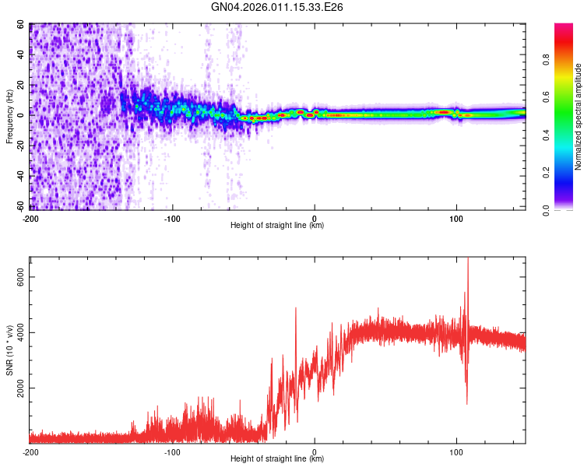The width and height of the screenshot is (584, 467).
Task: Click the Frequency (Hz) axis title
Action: pos(9,117)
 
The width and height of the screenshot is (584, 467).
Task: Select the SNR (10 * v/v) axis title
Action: pos(9,349)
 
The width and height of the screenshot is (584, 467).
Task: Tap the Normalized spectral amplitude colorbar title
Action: pos(578,117)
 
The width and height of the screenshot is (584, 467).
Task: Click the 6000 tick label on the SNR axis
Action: pos(21,278)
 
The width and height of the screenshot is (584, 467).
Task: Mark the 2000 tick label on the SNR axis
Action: pos(21,388)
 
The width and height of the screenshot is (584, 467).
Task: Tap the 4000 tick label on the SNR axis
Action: pos(21,333)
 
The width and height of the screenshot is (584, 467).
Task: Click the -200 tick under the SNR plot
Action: pos(30,451)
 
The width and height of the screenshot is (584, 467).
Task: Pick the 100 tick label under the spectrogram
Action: pos(456,218)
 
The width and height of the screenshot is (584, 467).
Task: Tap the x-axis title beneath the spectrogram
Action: pos(277,226)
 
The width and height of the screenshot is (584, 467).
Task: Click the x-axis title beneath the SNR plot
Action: pos(277,459)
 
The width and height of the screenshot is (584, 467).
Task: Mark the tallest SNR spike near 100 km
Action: pos(468,261)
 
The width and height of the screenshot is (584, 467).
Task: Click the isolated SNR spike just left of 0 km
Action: pos(296,309)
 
